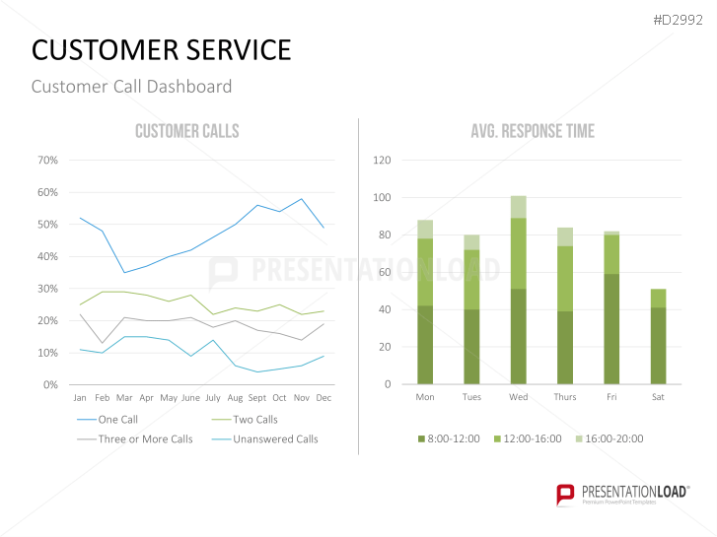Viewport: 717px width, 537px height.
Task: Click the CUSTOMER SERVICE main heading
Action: point(162,50)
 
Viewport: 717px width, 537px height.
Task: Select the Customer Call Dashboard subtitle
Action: point(131,87)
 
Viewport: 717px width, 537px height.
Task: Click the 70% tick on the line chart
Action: point(47,160)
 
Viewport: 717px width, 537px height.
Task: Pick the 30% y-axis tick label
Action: point(47,288)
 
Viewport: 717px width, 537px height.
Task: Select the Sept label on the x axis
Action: point(257,398)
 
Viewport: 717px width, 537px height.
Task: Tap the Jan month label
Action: point(80,398)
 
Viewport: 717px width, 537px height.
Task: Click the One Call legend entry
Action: point(117,419)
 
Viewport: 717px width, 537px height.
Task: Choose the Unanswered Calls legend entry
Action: point(275,438)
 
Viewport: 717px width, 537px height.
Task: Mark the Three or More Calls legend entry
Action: point(145,438)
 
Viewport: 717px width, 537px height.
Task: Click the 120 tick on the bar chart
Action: point(383,160)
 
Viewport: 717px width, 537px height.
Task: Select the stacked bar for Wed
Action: point(519,290)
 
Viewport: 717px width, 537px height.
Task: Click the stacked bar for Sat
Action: point(658,336)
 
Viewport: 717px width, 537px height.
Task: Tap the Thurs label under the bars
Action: point(565,398)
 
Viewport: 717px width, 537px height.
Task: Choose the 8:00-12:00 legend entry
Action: point(453,438)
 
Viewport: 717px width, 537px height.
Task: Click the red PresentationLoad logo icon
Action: point(565,494)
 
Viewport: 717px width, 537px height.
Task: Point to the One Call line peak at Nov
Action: point(302,198)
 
